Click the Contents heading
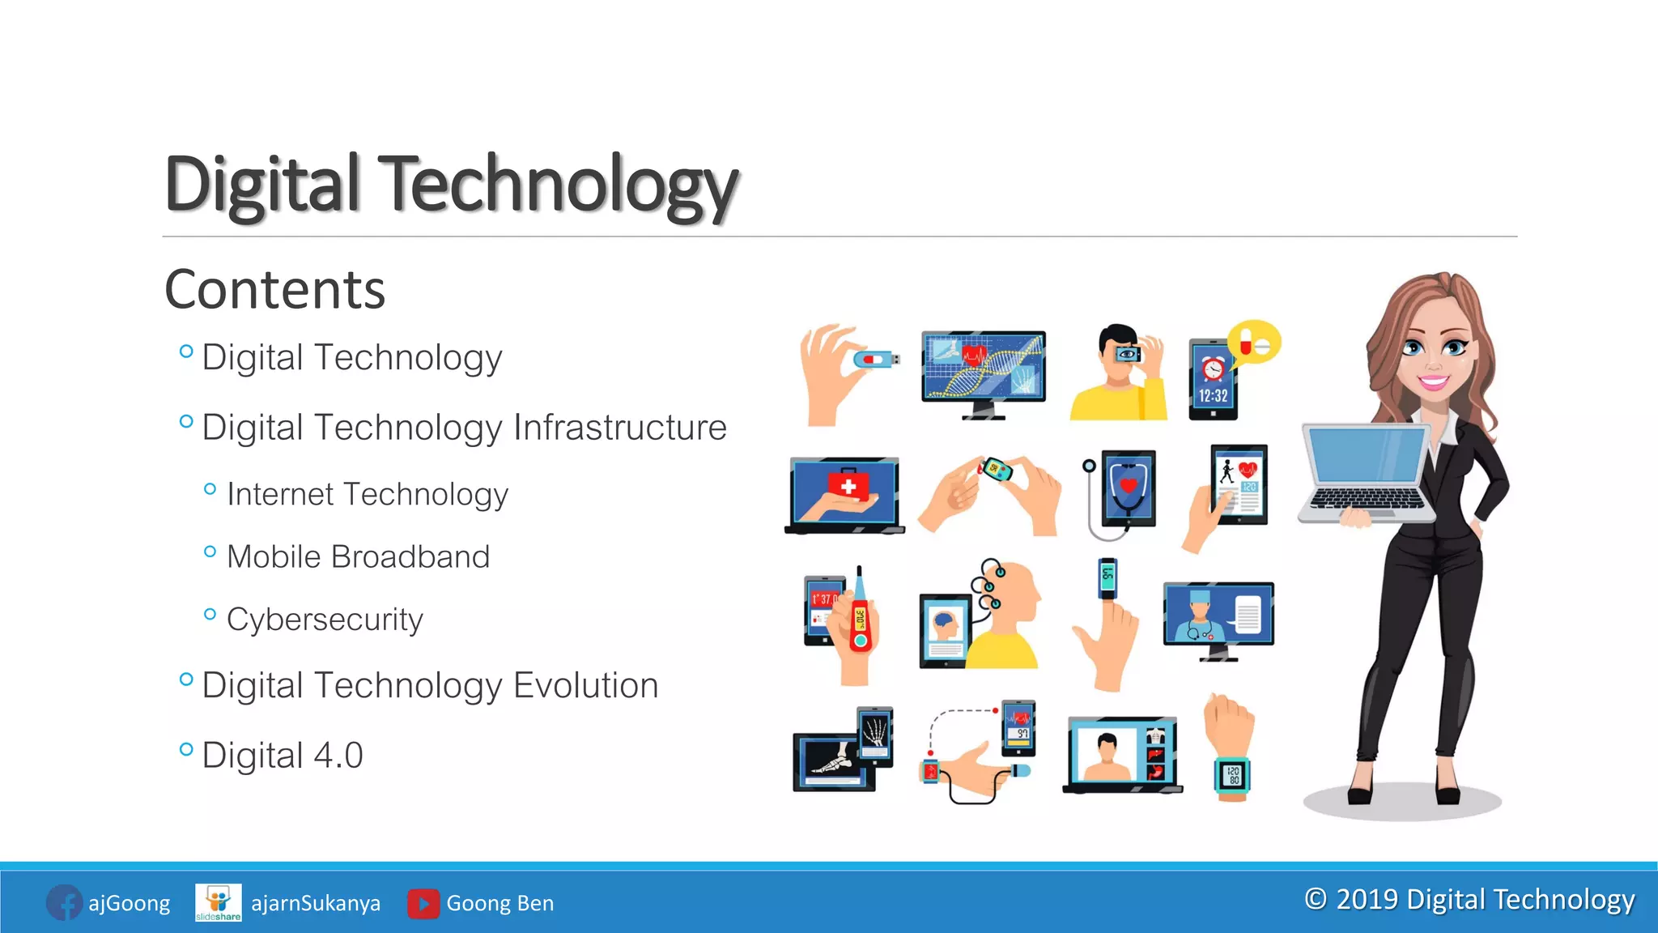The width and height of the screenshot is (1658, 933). [274, 290]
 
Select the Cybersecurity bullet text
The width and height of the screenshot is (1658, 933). [325, 620]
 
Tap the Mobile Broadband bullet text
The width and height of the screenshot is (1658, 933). [358, 557]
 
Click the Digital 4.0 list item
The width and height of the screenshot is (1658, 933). [282, 755]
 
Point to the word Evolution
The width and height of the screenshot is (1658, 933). [585, 685]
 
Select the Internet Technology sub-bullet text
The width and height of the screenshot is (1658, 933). [368, 494]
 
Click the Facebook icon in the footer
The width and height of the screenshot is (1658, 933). [63, 903]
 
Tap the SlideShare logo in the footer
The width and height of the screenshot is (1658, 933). [218, 902]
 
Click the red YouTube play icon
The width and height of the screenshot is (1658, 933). [423, 904]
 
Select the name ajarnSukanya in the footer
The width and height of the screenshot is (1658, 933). [316, 903]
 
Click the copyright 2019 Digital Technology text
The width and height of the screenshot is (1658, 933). [1469, 900]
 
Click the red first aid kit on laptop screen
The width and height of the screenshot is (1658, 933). [848, 486]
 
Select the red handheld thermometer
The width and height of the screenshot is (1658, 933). [860, 620]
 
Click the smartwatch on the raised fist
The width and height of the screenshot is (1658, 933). [1231, 775]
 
